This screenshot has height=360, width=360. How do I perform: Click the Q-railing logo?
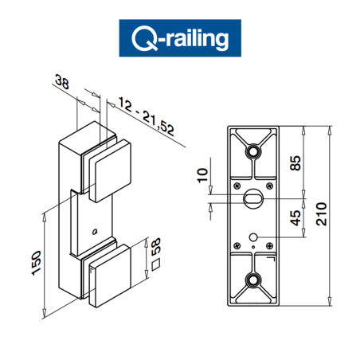tap(179, 38)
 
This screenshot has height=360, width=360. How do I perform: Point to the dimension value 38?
tap(62, 81)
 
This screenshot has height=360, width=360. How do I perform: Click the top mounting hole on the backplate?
tap(253, 151)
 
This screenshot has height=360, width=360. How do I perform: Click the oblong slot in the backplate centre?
tap(253, 197)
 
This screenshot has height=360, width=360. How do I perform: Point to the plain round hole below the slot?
tap(253, 237)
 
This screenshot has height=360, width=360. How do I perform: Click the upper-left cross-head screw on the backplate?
tap(238, 185)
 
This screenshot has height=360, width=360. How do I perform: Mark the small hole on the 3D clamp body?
tap(94, 232)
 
